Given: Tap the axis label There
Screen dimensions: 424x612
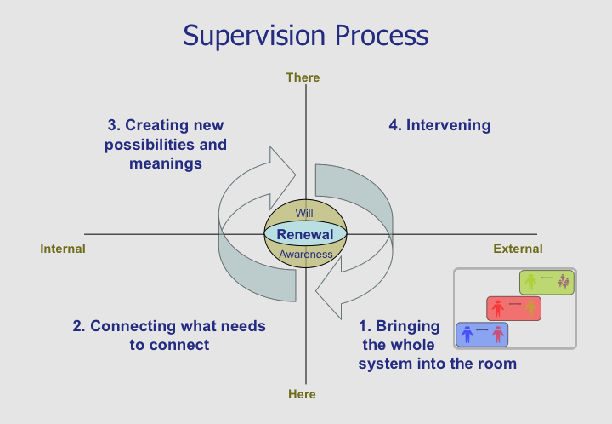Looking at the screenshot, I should point(303,77).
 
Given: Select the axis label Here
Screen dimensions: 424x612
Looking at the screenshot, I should point(302,394).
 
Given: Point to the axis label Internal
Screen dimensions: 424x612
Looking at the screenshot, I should point(63,249).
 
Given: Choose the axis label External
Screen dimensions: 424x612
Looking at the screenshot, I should point(518,249).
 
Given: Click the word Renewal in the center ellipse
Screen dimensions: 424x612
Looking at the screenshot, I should point(304,234).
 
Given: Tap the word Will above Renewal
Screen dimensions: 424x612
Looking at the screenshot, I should point(304,213).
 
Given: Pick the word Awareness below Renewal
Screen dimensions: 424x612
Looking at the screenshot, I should point(305,254).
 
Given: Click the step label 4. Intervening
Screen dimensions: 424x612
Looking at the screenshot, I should point(439,125).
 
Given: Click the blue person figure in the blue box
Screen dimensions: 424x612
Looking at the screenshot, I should point(467,334).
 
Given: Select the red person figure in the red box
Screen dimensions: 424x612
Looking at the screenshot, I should point(496,307).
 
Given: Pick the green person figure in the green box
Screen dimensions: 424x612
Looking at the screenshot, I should point(530,281).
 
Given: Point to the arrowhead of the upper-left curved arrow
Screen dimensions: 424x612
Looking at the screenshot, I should point(283,161).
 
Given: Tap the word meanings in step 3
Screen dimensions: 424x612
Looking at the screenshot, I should point(166,163).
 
